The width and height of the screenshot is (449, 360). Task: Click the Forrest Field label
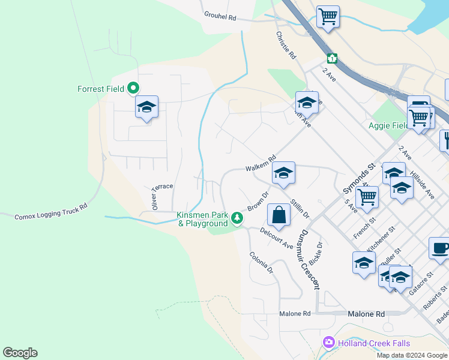101,89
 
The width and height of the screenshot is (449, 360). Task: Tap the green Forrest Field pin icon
134,89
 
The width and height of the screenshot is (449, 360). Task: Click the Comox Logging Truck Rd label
51,211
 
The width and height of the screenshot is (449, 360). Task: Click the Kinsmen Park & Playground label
202,220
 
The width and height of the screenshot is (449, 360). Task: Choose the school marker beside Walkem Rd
283,173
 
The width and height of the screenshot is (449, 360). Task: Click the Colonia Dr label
261,262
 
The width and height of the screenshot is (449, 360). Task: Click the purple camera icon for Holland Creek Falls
328,343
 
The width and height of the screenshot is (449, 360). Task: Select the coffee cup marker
439,248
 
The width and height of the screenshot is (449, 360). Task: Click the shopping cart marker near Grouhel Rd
328,17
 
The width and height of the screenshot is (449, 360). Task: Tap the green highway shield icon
332,59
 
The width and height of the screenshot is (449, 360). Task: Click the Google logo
20,353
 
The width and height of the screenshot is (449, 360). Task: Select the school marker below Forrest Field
146,107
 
